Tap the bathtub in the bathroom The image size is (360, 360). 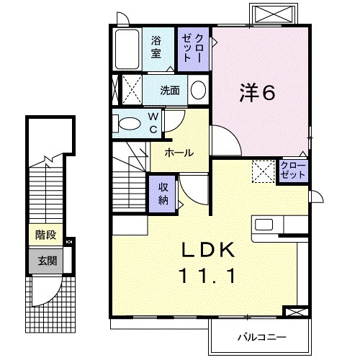[128, 49]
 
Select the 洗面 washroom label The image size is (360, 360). [169, 91]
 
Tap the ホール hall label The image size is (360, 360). [178, 153]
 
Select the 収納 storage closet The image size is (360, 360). [163, 193]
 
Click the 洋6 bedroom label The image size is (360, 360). [257, 94]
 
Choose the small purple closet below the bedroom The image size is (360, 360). [293, 171]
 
